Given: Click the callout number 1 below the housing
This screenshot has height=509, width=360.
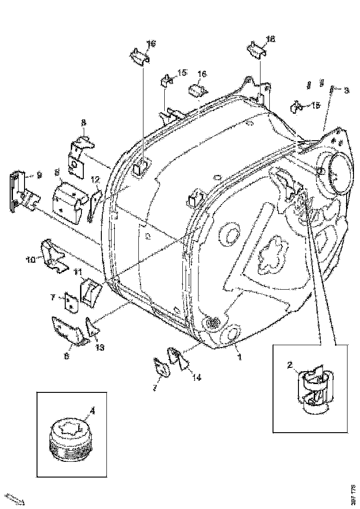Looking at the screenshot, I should coord(239,357).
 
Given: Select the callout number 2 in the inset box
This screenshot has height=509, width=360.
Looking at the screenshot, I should coord(290,366).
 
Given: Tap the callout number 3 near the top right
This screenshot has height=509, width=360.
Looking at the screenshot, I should coord(347,91).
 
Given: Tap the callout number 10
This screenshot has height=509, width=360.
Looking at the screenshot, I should coord(30,260).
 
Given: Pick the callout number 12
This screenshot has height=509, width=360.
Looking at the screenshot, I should coord(95,179).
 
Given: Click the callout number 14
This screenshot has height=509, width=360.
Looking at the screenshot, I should coord(197,377).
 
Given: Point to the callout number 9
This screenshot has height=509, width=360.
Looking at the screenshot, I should coord(39,175).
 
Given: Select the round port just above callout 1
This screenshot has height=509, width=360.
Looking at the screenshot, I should coord(232,335).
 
